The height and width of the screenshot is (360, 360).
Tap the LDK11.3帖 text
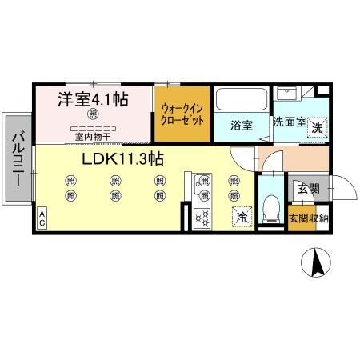tap(122, 158)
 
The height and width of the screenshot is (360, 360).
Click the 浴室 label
tap(242, 125)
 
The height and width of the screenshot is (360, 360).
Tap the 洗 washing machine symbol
tap(318, 126)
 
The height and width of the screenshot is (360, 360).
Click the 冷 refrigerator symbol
tap(240, 216)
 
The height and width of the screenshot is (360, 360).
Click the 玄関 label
tap(308, 189)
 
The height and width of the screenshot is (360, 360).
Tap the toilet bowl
tap(270, 209)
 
